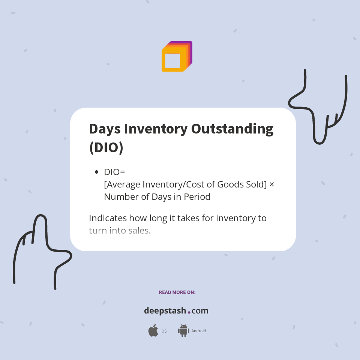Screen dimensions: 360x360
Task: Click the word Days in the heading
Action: tap(105, 129)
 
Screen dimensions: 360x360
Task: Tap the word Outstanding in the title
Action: tap(232, 129)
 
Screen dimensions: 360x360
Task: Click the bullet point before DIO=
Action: tap(96, 172)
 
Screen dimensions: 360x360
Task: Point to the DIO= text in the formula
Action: tap(114, 172)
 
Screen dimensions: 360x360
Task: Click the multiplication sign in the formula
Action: tap(272, 184)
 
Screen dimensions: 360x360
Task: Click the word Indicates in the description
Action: tap(108, 218)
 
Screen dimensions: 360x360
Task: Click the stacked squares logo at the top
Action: tap(177, 57)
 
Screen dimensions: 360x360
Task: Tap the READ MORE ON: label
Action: tap(177, 292)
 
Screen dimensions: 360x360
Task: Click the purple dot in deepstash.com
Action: tap(189, 312)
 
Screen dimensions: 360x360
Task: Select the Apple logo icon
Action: tap(153, 331)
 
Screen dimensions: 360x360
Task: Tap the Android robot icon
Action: tap(183, 331)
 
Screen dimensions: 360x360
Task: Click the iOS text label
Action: tap(163, 331)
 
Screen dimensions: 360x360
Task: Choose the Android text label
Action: tap(199, 331)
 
